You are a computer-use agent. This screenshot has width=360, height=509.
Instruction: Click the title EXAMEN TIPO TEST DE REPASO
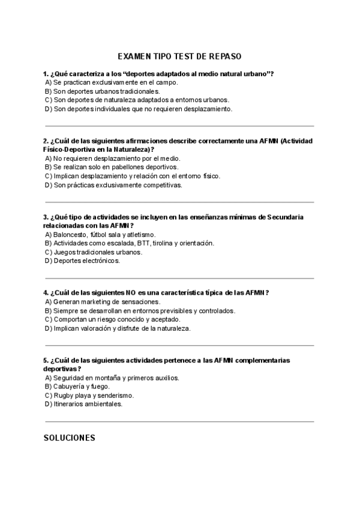tap(179, 56)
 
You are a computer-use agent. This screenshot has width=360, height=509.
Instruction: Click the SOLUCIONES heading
tap(70, 438)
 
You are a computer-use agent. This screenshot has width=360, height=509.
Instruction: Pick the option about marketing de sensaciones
tap(103, 302)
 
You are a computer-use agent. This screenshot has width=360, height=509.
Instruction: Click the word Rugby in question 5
tap(63, 396)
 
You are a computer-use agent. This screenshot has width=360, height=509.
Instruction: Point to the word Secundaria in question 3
tap(286, 217)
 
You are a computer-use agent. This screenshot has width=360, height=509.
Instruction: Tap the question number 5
tap(46, 360)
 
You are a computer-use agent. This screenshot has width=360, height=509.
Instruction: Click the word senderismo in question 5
tap(117, 396)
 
